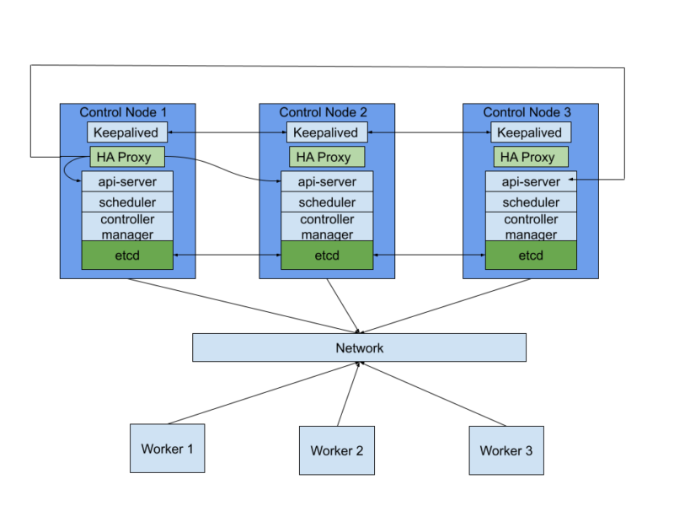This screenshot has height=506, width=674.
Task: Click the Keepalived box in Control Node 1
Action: coord(127,132)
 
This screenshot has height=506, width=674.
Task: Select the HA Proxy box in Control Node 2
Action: coord(327,157)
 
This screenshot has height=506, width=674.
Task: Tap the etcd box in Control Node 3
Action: coord(531,256)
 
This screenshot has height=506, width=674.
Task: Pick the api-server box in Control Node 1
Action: coord(127,181)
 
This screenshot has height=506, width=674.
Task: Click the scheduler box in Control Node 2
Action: coord(327,202)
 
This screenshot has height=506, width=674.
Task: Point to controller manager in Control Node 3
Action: coord(531,227)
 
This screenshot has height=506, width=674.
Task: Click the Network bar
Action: coord(359,347)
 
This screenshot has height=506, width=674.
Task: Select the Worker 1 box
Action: coord(167,448)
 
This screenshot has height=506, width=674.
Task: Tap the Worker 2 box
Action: coord(336,450)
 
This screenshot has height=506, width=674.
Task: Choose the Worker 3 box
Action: coord(505,450)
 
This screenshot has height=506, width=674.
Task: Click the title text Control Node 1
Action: coord(123,112)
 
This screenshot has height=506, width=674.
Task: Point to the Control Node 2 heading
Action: coord(323,112)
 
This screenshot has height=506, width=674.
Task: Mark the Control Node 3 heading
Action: coord(527,112)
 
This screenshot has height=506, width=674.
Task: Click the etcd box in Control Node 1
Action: coord(127,256)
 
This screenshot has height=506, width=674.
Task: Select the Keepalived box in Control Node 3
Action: coord(531,132)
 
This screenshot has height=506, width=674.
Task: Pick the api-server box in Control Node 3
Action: coord(531,181)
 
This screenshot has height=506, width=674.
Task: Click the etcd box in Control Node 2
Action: coord(327,256)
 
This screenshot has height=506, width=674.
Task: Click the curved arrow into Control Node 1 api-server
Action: coord(67,170)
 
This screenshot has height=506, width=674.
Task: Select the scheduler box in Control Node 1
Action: coord(127,202)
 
